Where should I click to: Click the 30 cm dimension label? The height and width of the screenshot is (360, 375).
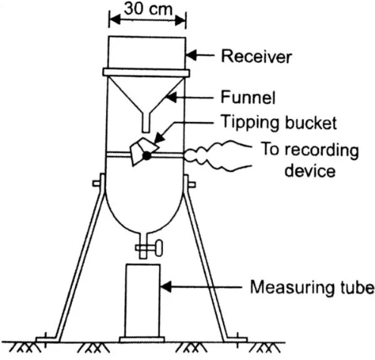[x=148, y=9]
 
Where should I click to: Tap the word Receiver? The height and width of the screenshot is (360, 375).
[x=256, y=56]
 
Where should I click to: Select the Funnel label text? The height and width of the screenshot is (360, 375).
[x=248, y=97]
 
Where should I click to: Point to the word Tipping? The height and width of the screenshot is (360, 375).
[x=250, y=123]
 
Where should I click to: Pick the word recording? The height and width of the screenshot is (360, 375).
[x=322, y=151]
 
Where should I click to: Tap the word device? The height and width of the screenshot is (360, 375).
[x=310, y=171]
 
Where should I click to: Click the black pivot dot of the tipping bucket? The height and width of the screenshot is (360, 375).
[x=146, y=155]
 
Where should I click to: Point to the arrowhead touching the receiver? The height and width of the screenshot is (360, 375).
[x=191, y=55]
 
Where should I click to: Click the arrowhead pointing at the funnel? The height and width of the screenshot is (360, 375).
[x=171, y=98]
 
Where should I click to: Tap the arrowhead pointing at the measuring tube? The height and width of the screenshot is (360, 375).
[x=165, y=287]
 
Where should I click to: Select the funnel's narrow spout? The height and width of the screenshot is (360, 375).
[x=145, y=122]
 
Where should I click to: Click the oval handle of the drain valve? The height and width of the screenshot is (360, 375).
[x=159, y=248]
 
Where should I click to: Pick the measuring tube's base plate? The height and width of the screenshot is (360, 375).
[x=142, y=340]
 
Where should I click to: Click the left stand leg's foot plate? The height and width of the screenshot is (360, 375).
[x=47, y=340]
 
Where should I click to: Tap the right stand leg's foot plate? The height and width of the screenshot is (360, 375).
[x=236, y=340]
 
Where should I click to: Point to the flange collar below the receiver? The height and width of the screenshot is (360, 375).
[x=146, y=72]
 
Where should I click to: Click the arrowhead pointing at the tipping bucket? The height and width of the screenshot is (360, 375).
[x=158, y=139]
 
